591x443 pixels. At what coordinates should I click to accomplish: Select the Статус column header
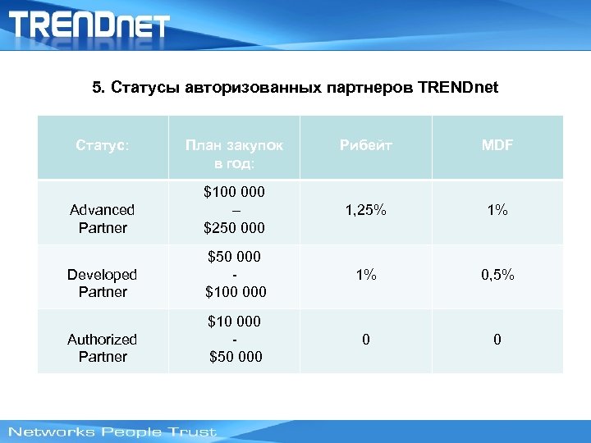[x=103, y=145]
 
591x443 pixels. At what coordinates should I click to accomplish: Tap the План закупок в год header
[x=234, y=153]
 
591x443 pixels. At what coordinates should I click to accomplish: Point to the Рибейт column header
[x=365, y=145]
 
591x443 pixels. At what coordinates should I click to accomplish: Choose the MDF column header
[x=497, y=145]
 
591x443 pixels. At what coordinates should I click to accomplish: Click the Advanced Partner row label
[x=103, y=219]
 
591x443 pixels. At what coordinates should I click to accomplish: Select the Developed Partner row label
[x=103, y=283]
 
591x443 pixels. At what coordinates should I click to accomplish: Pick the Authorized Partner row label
[x=103, y=347]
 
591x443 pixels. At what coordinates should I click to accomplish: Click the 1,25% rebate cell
[x=365, y=211]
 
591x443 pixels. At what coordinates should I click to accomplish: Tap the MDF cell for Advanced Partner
[x=497, y=211]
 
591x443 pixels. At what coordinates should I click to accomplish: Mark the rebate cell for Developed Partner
[x=365, y=275]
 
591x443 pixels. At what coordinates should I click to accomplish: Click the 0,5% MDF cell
[x=497, y=275]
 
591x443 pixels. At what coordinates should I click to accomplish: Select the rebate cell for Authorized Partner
[x=365, y=339]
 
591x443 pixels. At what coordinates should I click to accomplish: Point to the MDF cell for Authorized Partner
[x=497, y=339]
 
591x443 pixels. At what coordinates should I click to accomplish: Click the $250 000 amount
[x=234, y=227]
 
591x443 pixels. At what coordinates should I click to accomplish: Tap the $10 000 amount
[x=234, y=321]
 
